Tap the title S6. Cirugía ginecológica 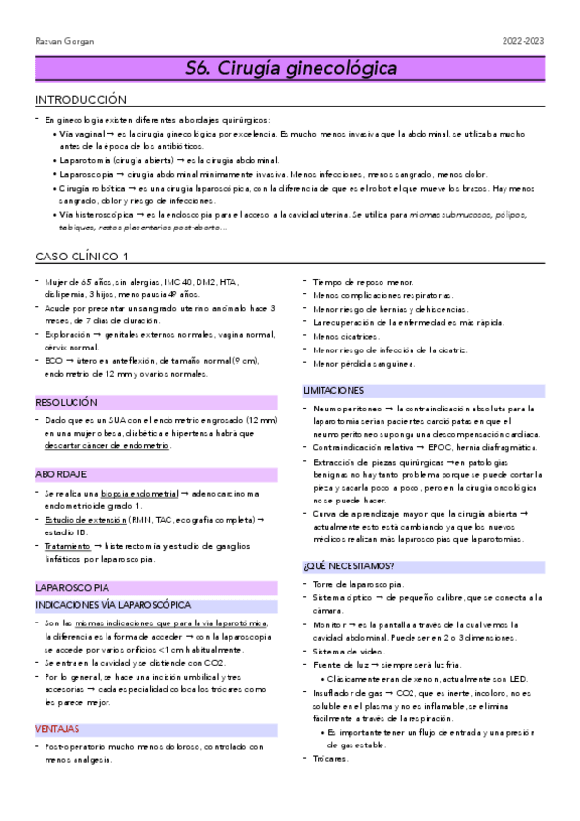point(290,69)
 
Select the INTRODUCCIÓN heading point(80,100)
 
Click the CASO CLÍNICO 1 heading point(82,257)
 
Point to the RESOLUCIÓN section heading point(67,401)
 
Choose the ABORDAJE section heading point(61,474)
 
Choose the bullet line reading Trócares point(331,758)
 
